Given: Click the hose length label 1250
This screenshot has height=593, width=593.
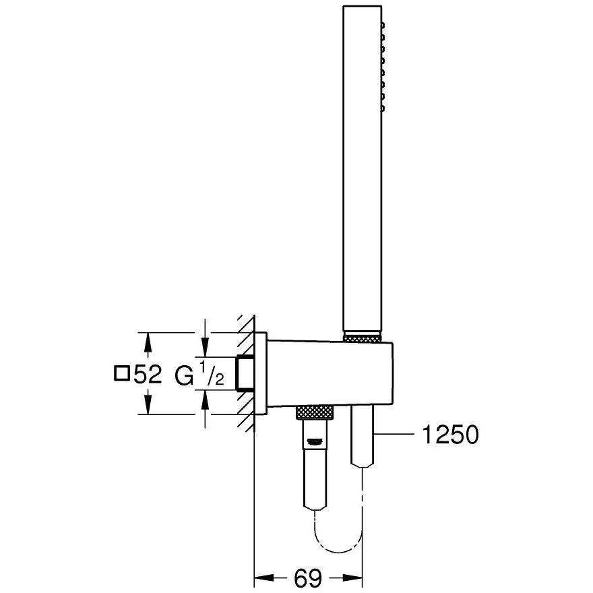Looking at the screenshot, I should click(449, 436).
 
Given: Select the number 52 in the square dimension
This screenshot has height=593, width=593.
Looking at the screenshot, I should click(148, 374).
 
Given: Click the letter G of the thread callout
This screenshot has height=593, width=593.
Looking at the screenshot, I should click(184, 374).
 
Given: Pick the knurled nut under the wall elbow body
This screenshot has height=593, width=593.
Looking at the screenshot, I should click(315, 412).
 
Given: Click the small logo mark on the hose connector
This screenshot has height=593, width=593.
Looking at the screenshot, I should click(315, 442).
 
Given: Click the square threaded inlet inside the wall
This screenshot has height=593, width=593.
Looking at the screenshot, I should click(247, 372).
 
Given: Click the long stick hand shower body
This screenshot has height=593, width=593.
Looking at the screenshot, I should click(363, 168).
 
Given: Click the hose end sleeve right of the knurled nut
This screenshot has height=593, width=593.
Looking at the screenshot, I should click(363, 438).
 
